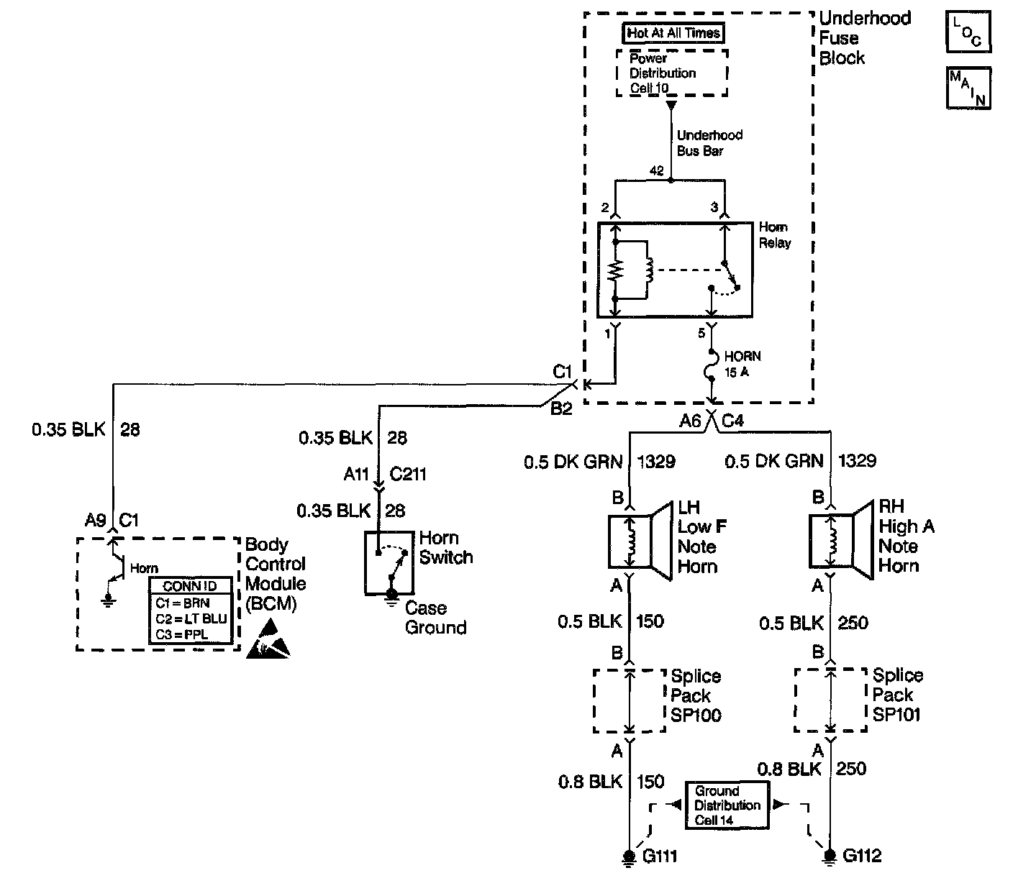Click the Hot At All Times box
[673, 33]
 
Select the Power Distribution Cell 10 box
[672, 73]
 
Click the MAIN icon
[968, 88]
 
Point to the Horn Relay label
[774, 235]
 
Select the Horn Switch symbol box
[388, 563]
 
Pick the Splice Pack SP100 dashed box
[629, 701]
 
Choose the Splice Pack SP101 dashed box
[830, 700]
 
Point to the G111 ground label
[660, 856]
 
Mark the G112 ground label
[861, 856]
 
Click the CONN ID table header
[191, 586]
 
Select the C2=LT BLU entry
[191, 618]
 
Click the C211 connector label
[408, 474]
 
